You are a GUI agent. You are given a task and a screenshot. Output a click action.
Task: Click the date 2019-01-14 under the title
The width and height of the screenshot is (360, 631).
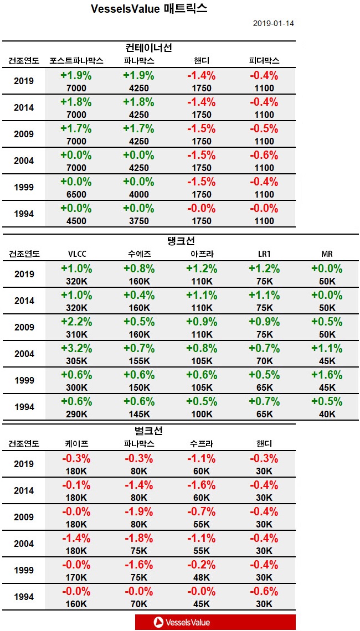click(x=274, y=24)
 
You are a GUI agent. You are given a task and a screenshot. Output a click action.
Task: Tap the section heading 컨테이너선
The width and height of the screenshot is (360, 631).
click(x=148, y=48)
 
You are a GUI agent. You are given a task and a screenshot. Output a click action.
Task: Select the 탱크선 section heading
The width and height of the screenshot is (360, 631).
click(x=181, y=241)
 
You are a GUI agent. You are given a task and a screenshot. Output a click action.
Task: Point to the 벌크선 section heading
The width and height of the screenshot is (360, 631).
click(x=148, y=431)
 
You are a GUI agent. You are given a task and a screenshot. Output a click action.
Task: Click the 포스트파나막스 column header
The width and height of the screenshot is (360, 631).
click(x=76, y=60)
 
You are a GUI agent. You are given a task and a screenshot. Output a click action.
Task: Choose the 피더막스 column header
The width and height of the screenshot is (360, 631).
click(x=264, y=60)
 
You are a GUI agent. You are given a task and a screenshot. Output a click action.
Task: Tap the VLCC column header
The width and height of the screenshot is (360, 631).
click(x=76, y=254)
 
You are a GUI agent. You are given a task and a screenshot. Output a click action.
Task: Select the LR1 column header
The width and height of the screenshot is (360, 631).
click(x=264, y=254)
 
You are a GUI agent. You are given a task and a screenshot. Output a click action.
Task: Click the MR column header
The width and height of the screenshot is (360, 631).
click(x=327, y=254)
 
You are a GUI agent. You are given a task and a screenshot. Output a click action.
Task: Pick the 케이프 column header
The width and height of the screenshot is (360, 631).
click(x=76, y=444)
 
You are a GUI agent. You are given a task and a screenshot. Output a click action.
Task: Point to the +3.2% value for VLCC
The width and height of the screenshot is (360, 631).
click(x=76, y=348)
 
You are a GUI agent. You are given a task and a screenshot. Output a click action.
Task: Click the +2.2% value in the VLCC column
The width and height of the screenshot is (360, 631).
click(x=76, y=322)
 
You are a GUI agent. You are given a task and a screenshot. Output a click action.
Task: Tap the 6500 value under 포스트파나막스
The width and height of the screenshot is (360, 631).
click(x=76, y=194)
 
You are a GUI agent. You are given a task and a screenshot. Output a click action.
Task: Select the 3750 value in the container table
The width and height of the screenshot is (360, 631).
click(x=138, y=221)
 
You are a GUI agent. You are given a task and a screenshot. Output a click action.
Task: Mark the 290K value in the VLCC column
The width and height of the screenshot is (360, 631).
click(x=76, y=414)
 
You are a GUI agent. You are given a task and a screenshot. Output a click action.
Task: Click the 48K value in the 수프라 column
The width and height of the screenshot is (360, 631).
click(x=201, y=577)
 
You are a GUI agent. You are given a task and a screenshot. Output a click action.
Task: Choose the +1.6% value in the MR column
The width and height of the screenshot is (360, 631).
click(x=327, y=375)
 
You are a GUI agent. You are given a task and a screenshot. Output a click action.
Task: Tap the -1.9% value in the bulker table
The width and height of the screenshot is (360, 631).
click(x=138, y=511)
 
